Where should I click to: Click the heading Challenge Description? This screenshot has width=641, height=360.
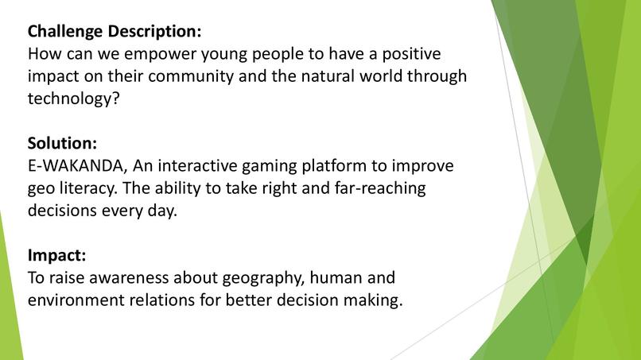[115, 32]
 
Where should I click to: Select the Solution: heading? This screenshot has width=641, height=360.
[63, 144]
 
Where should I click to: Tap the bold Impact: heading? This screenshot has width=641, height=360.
[56, 256]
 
